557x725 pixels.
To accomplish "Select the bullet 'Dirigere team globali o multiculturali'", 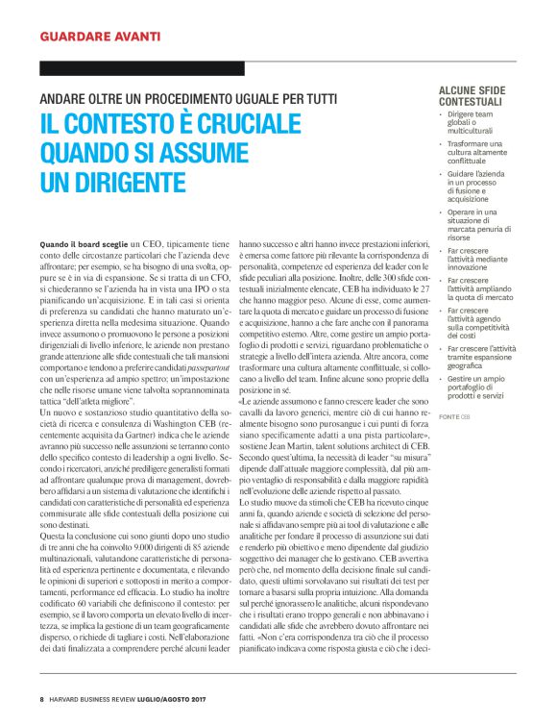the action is tap(472, 123).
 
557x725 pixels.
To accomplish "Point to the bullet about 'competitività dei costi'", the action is tap(477, 322).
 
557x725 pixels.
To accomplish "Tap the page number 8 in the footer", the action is tap(42, 697).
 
